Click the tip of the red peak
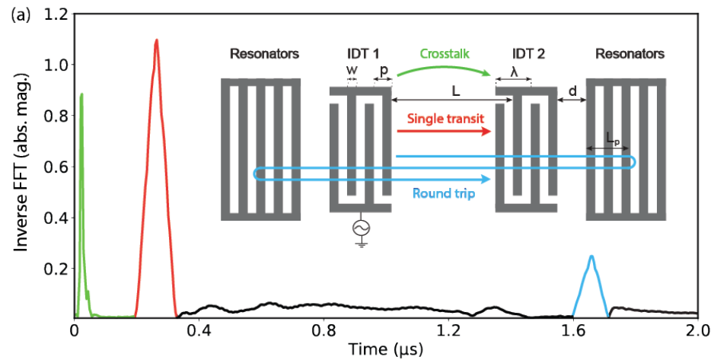[x=156, y=40]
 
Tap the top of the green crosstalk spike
[x=81, y=95]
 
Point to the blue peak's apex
[x=591, y=256]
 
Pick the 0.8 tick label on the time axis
[x=324, y=332]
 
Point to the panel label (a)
[x=21, y=14]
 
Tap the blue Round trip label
[x=444, y=193]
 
